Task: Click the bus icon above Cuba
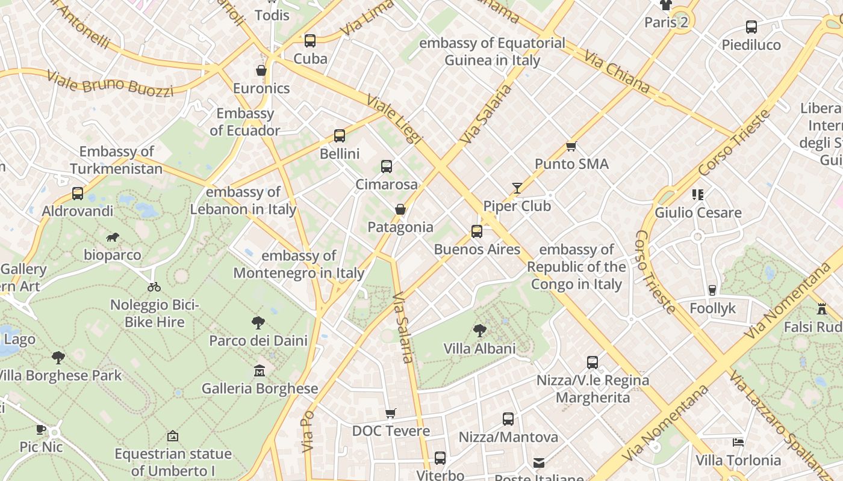click(310, 41)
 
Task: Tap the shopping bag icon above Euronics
click(261, 71)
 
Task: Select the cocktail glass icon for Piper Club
click(517, 188)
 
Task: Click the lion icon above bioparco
click(113, 237)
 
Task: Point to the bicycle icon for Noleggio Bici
click(154, 287)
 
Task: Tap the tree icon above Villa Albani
click(480, 330)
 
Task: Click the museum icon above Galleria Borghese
click(260, 370)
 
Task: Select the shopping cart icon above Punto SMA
click(571, 146)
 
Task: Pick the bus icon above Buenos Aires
click(477, 231)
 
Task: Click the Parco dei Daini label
click(258, 341)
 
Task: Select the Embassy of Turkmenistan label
click(116, 160)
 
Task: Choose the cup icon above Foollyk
click(712, 290)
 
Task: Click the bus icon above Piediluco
click(751, 27)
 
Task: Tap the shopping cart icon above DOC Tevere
click(391, 413)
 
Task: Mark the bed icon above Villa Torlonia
click(738, 443)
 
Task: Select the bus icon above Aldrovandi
click(78, 194)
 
